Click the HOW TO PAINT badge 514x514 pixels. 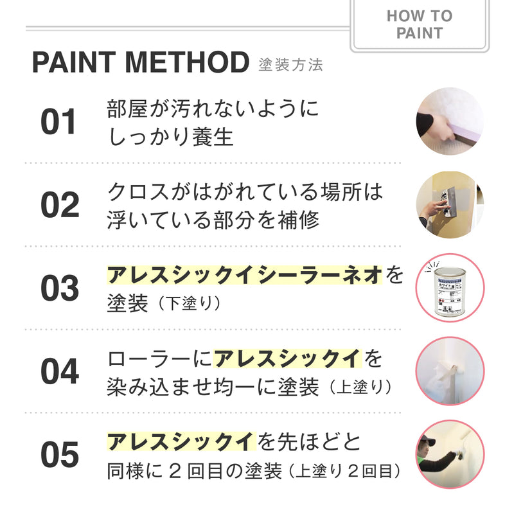click(420, 24)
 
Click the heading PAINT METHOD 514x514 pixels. click(140, 63)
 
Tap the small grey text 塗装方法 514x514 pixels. click(290, 65)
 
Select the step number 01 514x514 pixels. click(59, 122)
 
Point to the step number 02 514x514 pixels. click(59, 205)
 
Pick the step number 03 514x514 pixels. click(59, 288)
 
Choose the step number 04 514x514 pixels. click(59, 371)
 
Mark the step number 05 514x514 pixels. click(59, 455)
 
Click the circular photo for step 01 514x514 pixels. click(449, 121)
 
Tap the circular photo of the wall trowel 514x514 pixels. click(449, 205)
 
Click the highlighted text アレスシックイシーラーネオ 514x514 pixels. click(244, 276)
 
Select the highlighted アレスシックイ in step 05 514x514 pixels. click(181, 442)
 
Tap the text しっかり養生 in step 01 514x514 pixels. click(170, 137)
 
